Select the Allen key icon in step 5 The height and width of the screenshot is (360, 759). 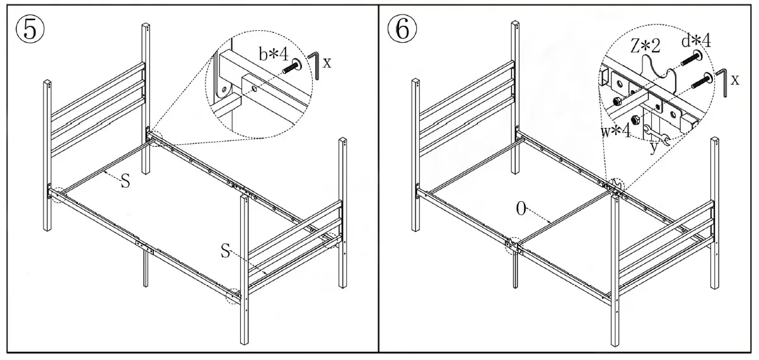[314, 66]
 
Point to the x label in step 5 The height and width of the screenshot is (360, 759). [327, 62]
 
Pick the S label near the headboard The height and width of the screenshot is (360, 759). [125, 182]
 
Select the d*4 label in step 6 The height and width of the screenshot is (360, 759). [696, 42]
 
